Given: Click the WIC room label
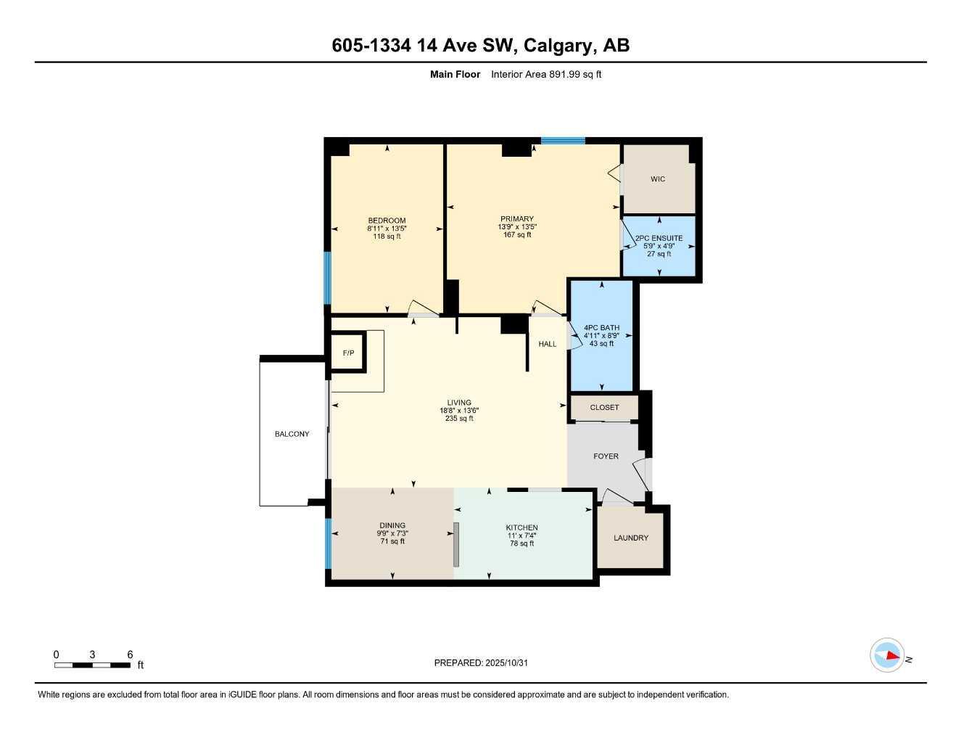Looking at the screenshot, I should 657,179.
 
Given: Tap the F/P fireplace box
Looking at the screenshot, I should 348,353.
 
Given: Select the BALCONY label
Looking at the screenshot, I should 292,434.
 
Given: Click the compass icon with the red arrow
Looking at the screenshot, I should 886,656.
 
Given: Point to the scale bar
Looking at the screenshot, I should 92,665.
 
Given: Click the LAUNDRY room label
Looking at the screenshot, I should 630,538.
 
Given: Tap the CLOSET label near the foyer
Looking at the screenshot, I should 604,408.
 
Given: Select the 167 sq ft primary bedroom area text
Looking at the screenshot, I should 517,234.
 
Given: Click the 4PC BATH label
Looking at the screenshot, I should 601,328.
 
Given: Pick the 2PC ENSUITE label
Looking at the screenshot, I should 659,238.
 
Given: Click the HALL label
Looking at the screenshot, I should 548,344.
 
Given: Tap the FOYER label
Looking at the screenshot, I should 606,456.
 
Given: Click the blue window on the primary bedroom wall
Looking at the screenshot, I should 563,141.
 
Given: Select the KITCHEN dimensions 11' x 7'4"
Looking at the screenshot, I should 521,535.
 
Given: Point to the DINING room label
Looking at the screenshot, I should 392,525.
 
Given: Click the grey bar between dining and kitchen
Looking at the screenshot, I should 456,544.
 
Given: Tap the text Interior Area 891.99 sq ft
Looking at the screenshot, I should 546,74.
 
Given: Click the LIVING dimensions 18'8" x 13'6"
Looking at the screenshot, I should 459,411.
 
